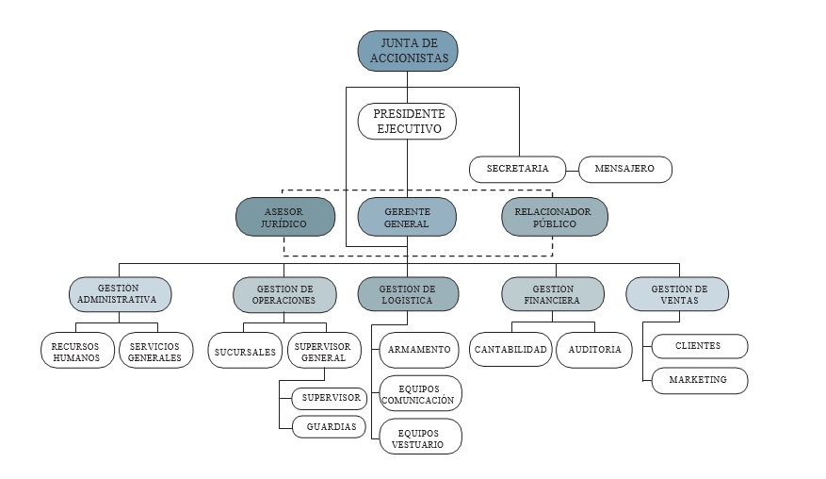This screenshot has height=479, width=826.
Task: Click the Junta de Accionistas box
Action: coord(408,50)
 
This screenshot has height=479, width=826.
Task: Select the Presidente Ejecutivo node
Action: coord(407,122)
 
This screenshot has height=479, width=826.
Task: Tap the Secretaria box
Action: coord(517,170)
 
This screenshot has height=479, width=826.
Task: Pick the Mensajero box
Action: coord(625,170)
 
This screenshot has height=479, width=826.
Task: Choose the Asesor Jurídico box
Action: coord(285,217)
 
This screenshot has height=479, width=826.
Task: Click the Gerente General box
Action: coord(407,217)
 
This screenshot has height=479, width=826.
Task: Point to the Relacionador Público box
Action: coord(554,217)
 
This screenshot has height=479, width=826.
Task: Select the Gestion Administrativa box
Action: coord(120,294)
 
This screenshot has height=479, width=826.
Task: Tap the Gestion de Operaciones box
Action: coord(284,294)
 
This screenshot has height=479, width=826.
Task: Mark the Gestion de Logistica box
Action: coord(408,294)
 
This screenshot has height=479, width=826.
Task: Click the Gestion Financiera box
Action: coord(553,294)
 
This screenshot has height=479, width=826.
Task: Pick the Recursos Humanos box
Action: coord(76,352)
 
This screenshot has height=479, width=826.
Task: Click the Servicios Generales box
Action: coord(155,352)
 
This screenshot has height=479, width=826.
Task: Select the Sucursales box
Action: coord(243,351)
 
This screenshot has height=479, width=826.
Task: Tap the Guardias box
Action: coord(331,427)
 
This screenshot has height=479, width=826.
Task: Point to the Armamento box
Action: coord(419,350)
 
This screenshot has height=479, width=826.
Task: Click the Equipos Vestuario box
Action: coord(420,437)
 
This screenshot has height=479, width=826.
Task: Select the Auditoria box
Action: coord(594,350)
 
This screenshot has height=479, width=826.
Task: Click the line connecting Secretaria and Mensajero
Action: coord(572,170)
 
